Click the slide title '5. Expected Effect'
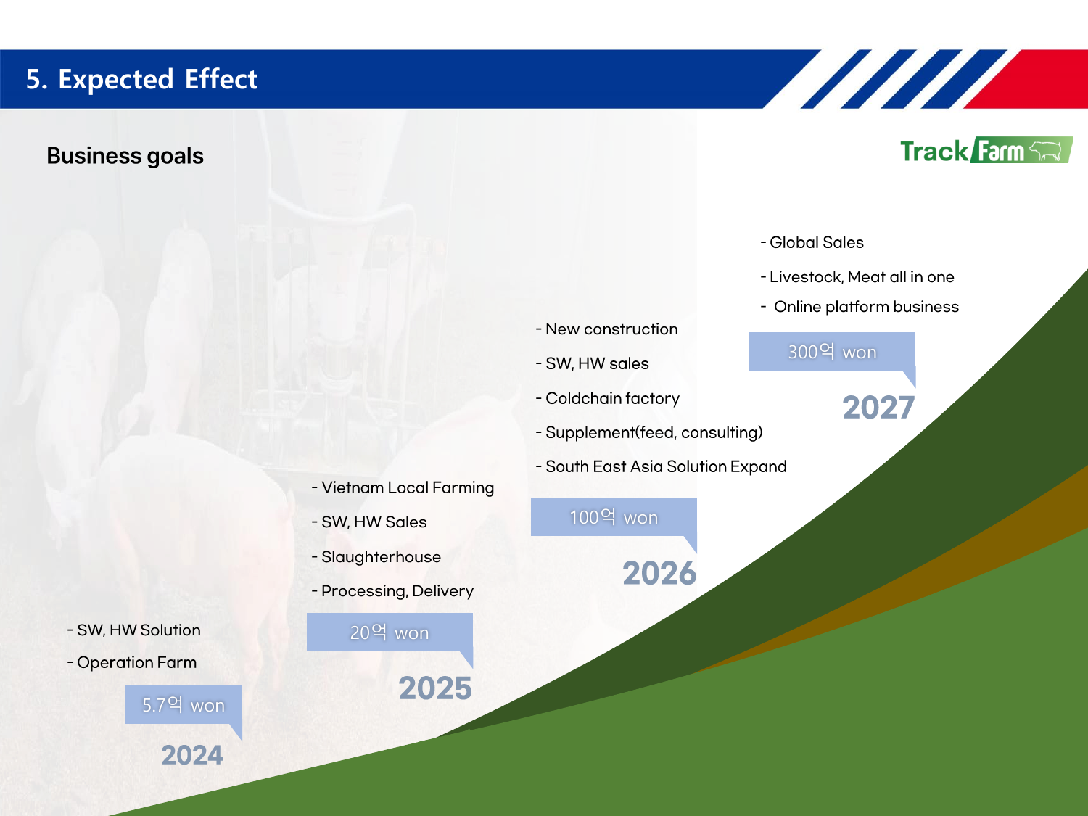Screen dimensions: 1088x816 [x=141, y=79]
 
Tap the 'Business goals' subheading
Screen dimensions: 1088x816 [x=125, y=155]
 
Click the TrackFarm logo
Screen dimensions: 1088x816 [x=986, y=150]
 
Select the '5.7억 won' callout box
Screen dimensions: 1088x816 [x=184, y=704]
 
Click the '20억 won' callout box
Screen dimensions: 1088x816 [x=390, y=632]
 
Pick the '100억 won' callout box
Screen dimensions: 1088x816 [x=614, y=517]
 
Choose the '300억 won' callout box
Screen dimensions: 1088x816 [x=832, y=352]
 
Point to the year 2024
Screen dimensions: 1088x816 [x=191, y=755]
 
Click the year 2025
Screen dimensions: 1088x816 [x=435, y=688]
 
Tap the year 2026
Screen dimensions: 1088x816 [x=659, y=573]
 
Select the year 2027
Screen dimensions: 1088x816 [x=878, y=407]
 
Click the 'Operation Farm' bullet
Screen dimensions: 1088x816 [x=132, y=662]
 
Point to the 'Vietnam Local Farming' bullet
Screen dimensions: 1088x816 [x=403, y=488]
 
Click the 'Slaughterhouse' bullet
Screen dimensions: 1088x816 [x=376, y=557]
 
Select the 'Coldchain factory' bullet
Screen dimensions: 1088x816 [x=608, y=398]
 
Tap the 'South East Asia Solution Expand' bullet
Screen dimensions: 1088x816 [x=662, y=466]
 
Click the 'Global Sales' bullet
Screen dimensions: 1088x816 [x=812, y=242]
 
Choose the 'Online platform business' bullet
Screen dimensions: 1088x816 [x=860, y=307]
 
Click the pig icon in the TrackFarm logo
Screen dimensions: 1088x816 [x=1045, y=151]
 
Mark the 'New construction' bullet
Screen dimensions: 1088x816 [x=606, y=329]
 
